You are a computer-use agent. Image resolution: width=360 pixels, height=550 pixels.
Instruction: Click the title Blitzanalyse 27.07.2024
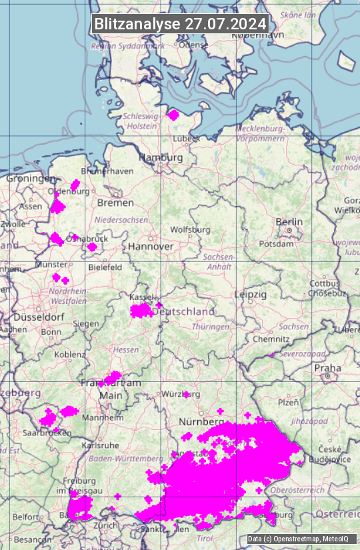point(180,23)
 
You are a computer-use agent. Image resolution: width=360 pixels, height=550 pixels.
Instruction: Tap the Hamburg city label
point(161,157)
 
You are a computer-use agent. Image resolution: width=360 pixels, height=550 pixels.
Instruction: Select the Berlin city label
point(289,222)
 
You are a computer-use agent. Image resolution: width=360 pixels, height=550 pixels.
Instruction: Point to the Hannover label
point(151,246)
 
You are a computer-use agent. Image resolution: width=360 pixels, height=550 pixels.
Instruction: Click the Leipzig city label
point(251,294)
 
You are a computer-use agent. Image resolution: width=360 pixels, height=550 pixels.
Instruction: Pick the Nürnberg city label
point(201,422)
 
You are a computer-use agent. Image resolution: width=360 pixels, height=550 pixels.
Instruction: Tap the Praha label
point(327,367)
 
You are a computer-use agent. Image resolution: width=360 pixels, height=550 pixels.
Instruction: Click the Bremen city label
point(115,202)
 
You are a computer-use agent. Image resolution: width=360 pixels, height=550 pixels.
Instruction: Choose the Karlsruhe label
point(100,445)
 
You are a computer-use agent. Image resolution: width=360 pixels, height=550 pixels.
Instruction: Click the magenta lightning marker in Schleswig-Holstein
point(173,115)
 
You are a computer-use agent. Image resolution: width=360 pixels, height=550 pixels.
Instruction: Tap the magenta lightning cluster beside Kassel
point(141,310)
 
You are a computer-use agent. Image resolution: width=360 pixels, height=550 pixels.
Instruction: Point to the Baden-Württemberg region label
point(127,459)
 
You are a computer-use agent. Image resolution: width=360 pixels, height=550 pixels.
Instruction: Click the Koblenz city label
point(70,355)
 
